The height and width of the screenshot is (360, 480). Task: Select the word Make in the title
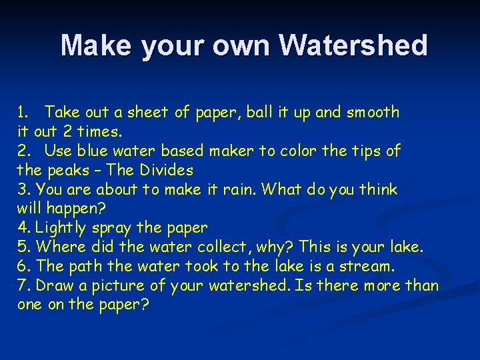pos(93,45)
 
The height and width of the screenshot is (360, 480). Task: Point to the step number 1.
pos(22,112)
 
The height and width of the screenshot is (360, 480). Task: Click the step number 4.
pos(22,228)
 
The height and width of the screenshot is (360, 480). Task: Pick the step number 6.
pos(22,267)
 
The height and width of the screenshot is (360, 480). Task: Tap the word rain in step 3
pos(239,189)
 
